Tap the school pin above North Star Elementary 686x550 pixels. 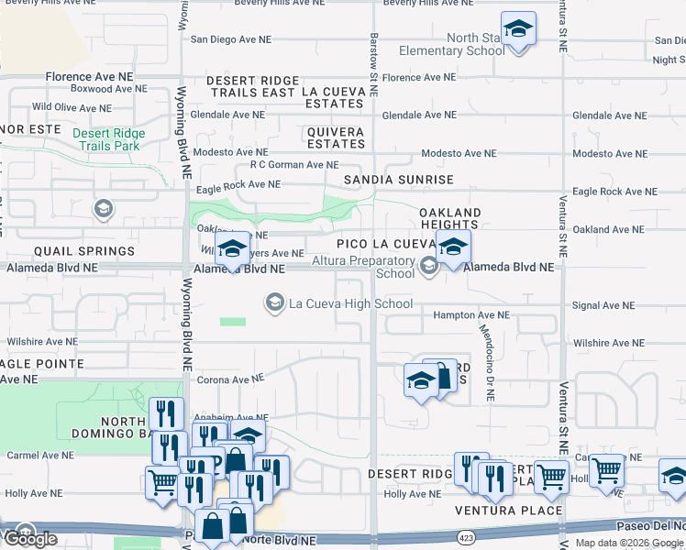pyautogui.click(x=518, y=29)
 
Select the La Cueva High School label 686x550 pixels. pyautogui.click(x=350, y=303)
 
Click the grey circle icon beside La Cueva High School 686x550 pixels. pyautogui.click(x=274, y=302)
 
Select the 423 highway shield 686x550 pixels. pyautogui.click(x=467, y=533)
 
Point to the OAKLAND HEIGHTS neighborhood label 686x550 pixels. pyautogui.click(x=449, y=219)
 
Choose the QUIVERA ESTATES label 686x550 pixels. pyautogui.click(x=336, y=137)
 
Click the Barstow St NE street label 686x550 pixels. pyautogui.click(x=374, y=56)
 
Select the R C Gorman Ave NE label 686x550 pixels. pyautogui.click(x=287, y=165)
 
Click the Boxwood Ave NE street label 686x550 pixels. pyautogui.click(x=108, y=90)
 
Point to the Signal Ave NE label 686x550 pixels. pyautogui.click(x=603, y=305)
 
